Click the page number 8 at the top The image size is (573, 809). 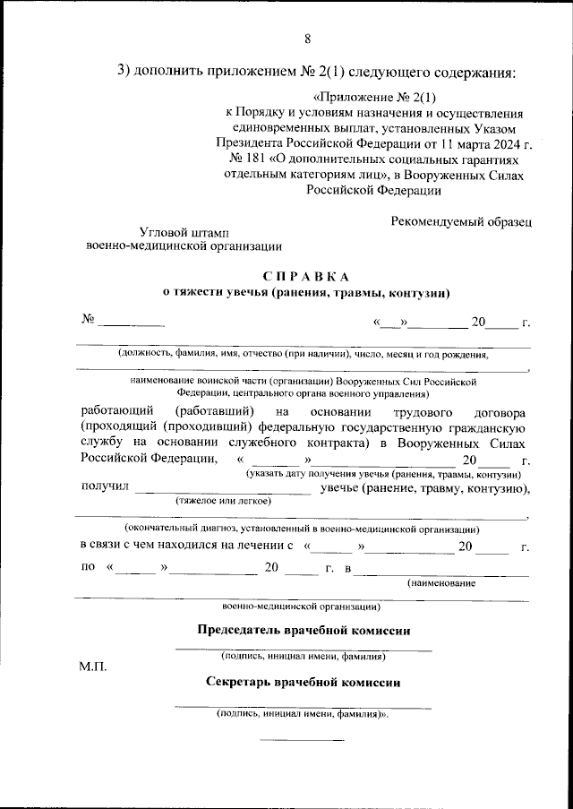click(308, 39)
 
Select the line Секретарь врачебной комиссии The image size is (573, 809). click(303, 682)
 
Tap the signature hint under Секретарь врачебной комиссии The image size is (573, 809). click(303, 715)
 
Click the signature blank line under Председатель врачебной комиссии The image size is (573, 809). click(303, 648)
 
